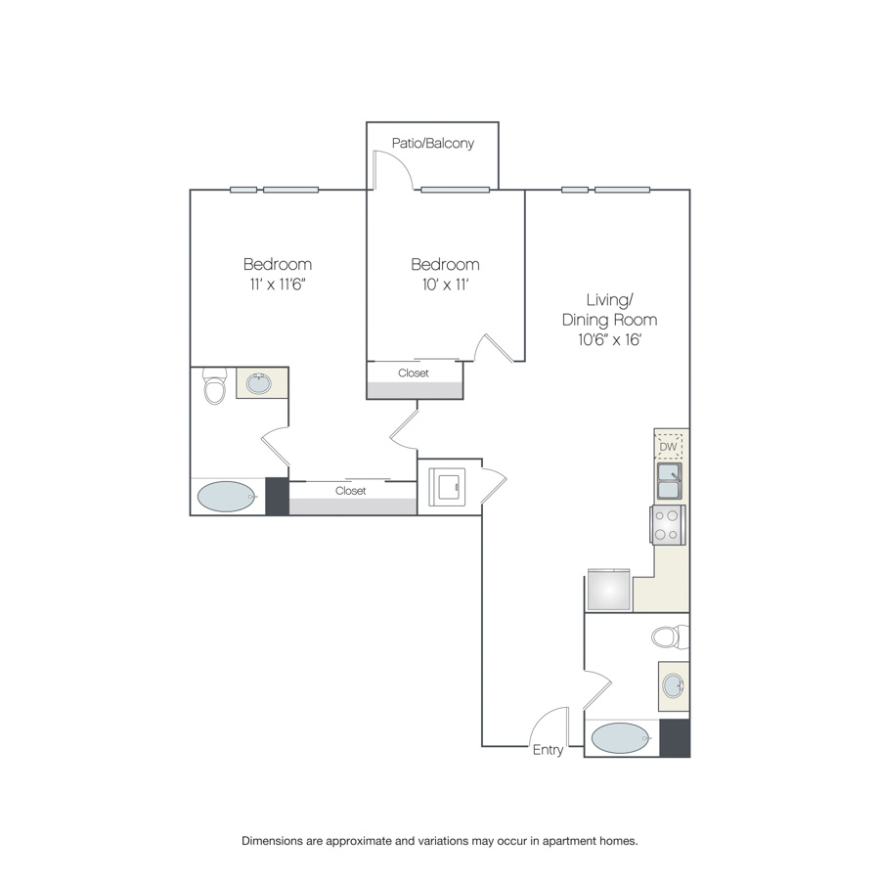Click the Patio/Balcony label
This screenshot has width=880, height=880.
click(433, 144)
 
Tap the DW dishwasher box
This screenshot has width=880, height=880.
click(669, 447)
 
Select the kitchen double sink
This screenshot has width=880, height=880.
click(670, 481)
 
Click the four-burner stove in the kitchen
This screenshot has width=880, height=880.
click(667, 525)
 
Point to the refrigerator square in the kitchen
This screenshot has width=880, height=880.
click(609, 590)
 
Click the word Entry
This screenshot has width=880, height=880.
click(548, 750)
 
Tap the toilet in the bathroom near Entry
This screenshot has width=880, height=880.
click(670, 637)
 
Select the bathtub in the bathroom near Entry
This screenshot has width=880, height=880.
click(621, 738)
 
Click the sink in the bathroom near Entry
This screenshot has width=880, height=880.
click(674, 685)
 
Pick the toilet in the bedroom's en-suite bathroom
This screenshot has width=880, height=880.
click(214, 385)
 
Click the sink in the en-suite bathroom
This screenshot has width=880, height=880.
click(259, 384)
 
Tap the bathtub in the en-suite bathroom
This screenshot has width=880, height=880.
click(227, 497)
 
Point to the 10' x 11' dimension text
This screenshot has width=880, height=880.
click(445, 285)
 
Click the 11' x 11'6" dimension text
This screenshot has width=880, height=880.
click(278, 285)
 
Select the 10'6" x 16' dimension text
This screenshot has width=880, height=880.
click(609, 339)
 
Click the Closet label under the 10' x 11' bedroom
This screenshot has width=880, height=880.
click(414, 374)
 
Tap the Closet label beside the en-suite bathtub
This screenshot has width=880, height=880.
click(351, 491)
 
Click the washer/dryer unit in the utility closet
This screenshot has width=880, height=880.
click(447, 487)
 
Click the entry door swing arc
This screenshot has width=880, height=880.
click(544, 718)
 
